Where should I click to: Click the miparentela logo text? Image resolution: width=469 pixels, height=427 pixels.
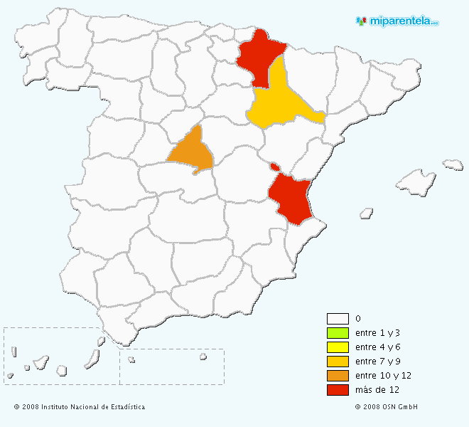tap(402, 21)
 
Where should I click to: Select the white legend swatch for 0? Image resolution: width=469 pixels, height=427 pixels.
tap(338, 319)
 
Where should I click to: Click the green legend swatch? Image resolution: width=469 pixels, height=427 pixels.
tap(338, 333)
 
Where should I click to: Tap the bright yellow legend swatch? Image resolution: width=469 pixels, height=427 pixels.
tap(338, 347)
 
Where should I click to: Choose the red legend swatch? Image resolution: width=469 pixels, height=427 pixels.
tap(338, 390)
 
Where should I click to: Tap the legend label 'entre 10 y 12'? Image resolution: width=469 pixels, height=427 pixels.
tap(383, 376)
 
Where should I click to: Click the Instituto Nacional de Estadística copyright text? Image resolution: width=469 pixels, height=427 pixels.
tap(80, 407)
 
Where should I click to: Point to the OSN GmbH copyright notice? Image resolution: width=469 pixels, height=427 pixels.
tap(387, 407)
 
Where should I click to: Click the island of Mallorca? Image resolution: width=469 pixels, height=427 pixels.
tap(416, 181)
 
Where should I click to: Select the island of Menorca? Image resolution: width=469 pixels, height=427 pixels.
tap(453, 165)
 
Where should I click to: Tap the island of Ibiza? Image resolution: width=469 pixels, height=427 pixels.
tap(367, 213)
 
